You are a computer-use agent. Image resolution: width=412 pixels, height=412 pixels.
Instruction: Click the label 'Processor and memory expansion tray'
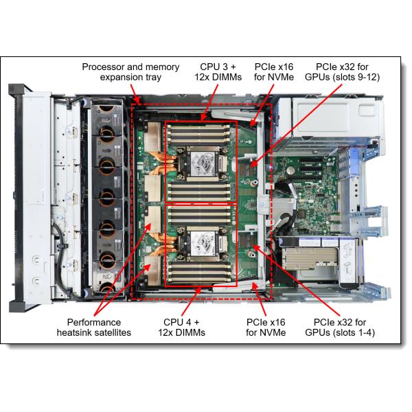[131, 72]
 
